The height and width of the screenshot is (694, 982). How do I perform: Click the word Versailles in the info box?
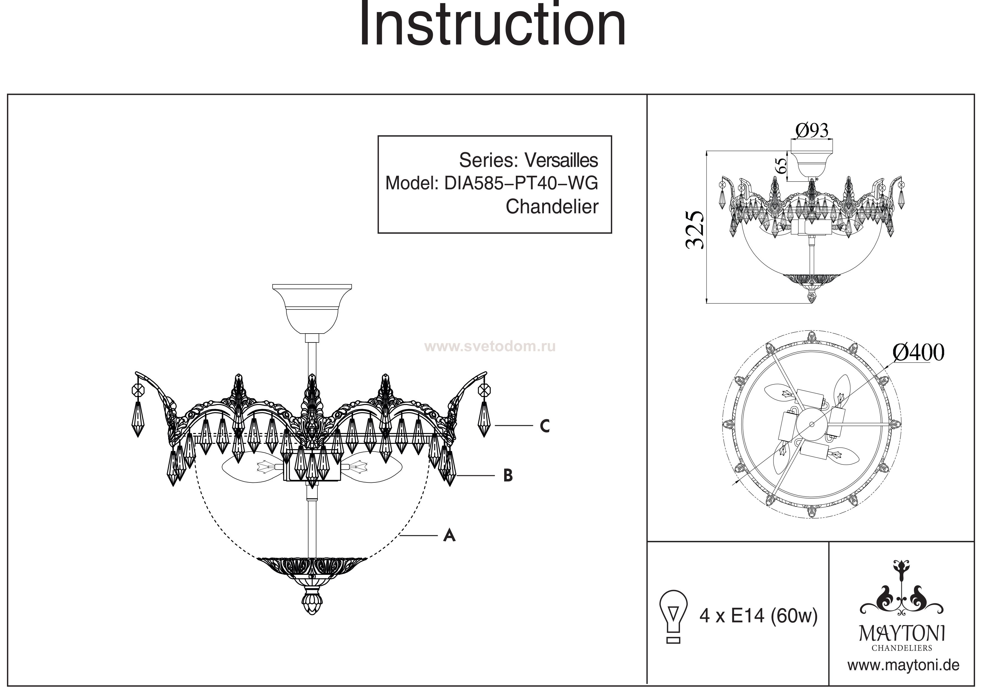point(561,160)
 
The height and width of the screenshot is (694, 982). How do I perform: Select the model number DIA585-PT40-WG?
point(521,184)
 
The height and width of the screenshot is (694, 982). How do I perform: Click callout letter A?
point(449,535)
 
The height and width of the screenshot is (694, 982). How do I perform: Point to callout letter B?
point(508,475)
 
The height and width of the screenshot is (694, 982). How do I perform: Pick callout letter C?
point(544,426)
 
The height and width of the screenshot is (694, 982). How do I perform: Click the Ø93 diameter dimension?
point(812,130)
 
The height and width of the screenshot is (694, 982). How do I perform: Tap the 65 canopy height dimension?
point(781,165)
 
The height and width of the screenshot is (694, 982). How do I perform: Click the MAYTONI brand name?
point(902,633)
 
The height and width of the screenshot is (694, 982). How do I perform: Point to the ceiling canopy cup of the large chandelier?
point(312,309)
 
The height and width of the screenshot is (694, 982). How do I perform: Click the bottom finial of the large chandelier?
point(312,603)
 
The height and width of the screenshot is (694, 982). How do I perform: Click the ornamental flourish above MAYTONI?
point(902,590)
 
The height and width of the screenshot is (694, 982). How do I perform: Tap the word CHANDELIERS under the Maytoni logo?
point(902,648)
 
